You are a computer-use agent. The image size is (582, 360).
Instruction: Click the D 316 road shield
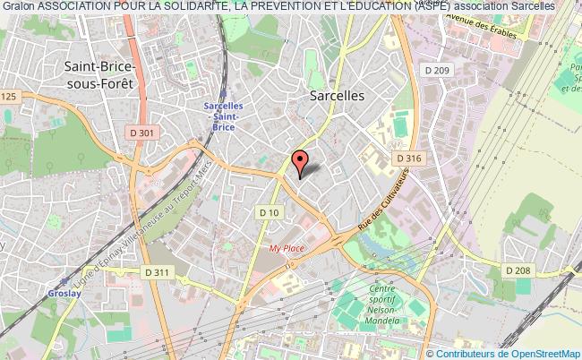coord(409,159)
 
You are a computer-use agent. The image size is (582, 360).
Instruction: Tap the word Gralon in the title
coord(16,5)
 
